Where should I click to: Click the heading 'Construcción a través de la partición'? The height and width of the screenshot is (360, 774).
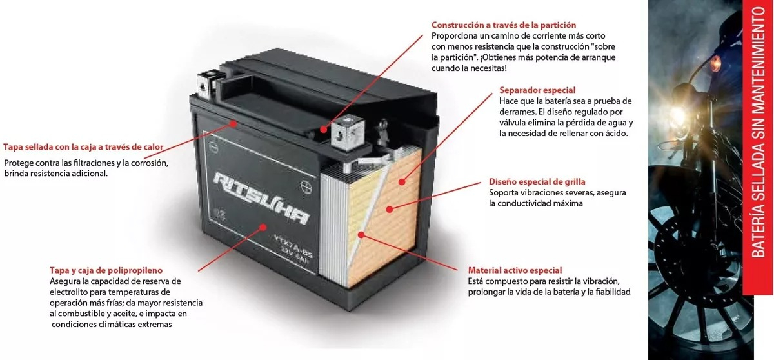pos(504,25)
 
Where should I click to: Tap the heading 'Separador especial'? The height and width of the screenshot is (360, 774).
pos(537,90)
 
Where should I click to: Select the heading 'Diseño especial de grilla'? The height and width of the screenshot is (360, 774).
pos(537,182)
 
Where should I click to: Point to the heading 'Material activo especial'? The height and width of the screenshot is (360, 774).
pos(515,270)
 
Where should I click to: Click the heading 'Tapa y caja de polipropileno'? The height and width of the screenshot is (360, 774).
pos(106,270)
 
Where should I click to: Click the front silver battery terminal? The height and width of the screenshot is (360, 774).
pos(348,132)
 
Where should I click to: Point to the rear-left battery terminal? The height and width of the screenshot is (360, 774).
pos(206,85)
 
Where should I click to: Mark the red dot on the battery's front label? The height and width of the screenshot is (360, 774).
pos(263,227)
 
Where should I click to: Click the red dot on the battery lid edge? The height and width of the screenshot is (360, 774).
pos(234,123)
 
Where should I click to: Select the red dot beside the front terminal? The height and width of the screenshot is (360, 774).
pos(323,130)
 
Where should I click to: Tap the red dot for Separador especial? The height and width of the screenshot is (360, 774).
pos(402,182)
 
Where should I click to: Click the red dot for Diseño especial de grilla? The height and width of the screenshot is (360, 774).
pos(390,209)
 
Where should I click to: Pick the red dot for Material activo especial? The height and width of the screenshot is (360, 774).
pos(361,235)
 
